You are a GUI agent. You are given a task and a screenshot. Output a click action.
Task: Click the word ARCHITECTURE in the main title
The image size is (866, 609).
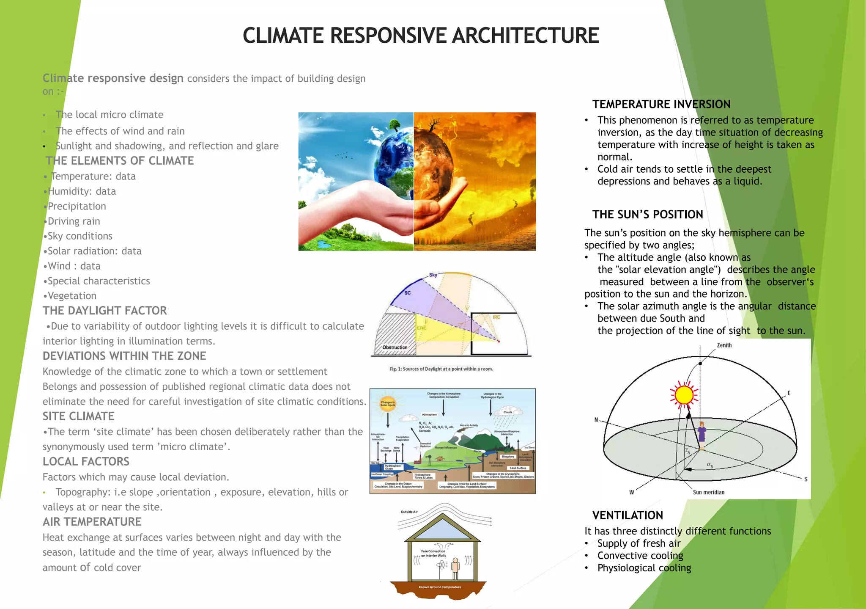(525, 36)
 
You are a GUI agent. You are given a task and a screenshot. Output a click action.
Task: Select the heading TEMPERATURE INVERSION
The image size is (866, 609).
(661, 104)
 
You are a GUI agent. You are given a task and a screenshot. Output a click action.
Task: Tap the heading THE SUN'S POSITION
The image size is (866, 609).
(647, 214)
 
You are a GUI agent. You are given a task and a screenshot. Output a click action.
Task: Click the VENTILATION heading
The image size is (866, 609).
(627, 515)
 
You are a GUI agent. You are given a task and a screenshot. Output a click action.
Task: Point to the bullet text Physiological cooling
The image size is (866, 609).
(644, 568)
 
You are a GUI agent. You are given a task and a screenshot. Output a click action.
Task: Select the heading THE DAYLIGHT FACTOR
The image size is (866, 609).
(104, 311)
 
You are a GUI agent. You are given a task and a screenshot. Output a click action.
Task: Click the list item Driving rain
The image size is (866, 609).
(74, 221)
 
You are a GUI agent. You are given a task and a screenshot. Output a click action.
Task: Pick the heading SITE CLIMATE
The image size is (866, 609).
(78, 416)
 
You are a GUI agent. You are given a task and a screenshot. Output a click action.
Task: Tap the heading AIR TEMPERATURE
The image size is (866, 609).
(92, 522)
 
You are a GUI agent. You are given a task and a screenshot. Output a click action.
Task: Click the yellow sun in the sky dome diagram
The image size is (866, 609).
(684, 395)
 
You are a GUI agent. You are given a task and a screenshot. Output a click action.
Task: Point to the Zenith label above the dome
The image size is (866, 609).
(724, 345)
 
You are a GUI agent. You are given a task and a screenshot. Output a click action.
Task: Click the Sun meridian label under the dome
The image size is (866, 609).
(708, 492)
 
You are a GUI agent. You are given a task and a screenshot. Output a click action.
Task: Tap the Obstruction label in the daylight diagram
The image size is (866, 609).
(395, 347)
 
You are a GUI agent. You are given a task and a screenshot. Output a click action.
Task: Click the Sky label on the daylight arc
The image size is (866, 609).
(433, 275)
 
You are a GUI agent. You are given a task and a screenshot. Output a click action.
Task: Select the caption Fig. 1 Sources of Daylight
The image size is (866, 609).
(441, 369)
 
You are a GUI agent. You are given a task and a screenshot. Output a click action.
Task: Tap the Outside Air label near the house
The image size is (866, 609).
(409, 512)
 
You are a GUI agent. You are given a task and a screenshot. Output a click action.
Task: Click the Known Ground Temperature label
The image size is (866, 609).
(440, 587)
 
